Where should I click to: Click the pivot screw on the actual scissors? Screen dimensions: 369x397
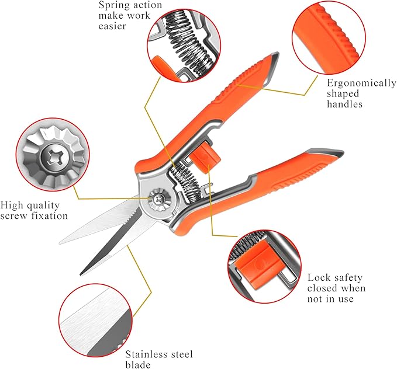(157, 199)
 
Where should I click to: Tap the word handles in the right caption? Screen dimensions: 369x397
(345, 105)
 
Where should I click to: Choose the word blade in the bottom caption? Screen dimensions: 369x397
(139, 365)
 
